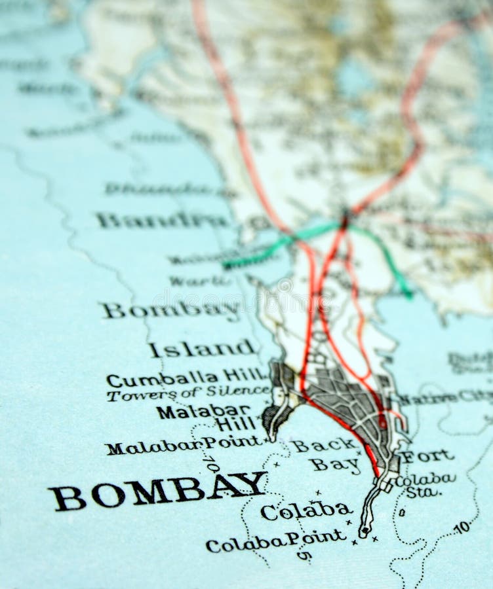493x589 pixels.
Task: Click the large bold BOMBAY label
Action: (x=157, y=491)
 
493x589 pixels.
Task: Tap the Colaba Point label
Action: (x=275, y=541)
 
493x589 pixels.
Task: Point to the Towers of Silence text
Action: (x=188, y=393)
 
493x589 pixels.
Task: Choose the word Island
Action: (x=201, y=348)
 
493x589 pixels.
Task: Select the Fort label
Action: (x=427, y=456)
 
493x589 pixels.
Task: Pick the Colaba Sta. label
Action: (x=426, y=484)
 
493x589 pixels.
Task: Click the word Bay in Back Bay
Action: (x=335, y=465)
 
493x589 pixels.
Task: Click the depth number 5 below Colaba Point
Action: (x=304, y=556)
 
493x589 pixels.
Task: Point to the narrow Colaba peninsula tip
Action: (x=364, y=530)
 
